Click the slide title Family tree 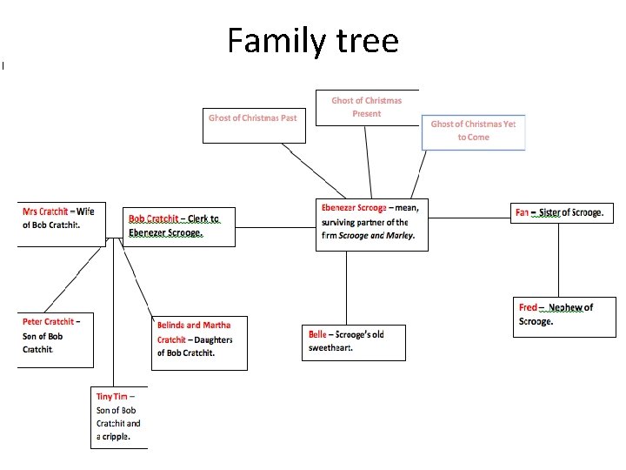313,41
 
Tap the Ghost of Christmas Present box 366,107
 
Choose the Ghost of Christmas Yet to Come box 473,131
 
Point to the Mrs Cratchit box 59,222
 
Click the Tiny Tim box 119,417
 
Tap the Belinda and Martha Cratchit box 198,342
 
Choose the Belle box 353,341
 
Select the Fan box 563,213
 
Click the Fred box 565,316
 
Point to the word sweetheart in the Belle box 330,348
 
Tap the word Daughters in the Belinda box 213,339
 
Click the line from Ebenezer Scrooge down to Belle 347,287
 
